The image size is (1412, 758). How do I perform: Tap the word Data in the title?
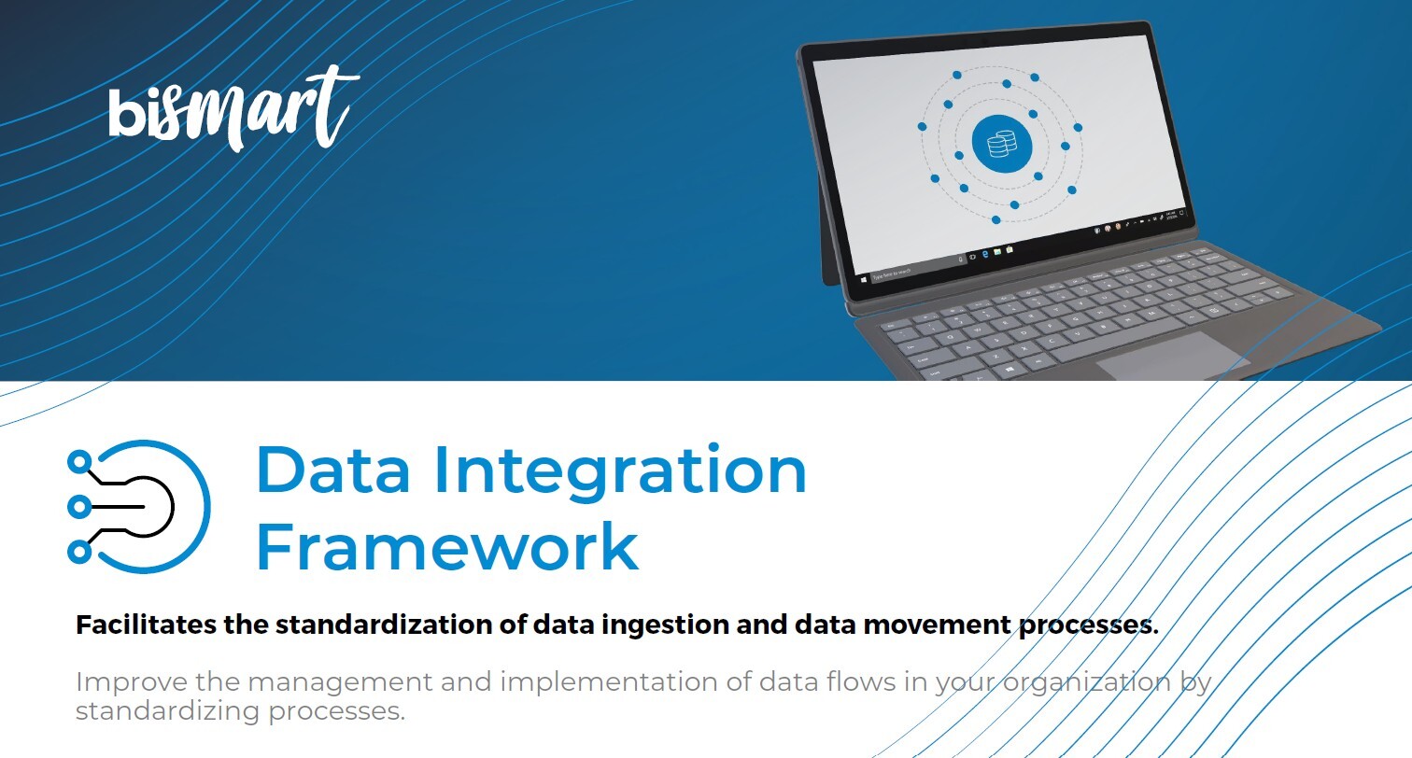[332, 470]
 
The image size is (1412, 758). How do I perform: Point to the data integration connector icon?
[139, 507]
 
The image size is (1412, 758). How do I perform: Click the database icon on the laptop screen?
[1001, 144]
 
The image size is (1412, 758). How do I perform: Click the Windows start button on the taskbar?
[863, 277]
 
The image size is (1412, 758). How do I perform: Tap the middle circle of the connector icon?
[79, 507]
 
